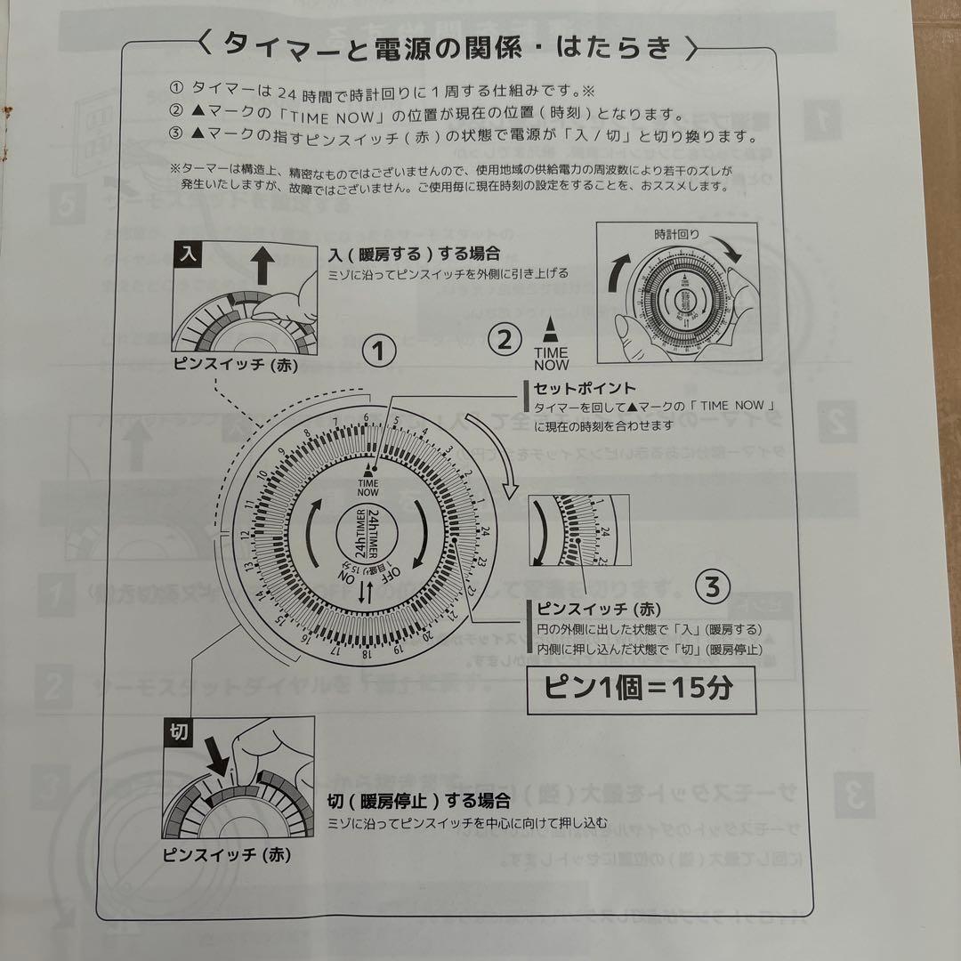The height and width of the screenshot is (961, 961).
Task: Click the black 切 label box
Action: tap(177, 732)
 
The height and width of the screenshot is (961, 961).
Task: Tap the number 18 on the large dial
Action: tap(366, 654)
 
